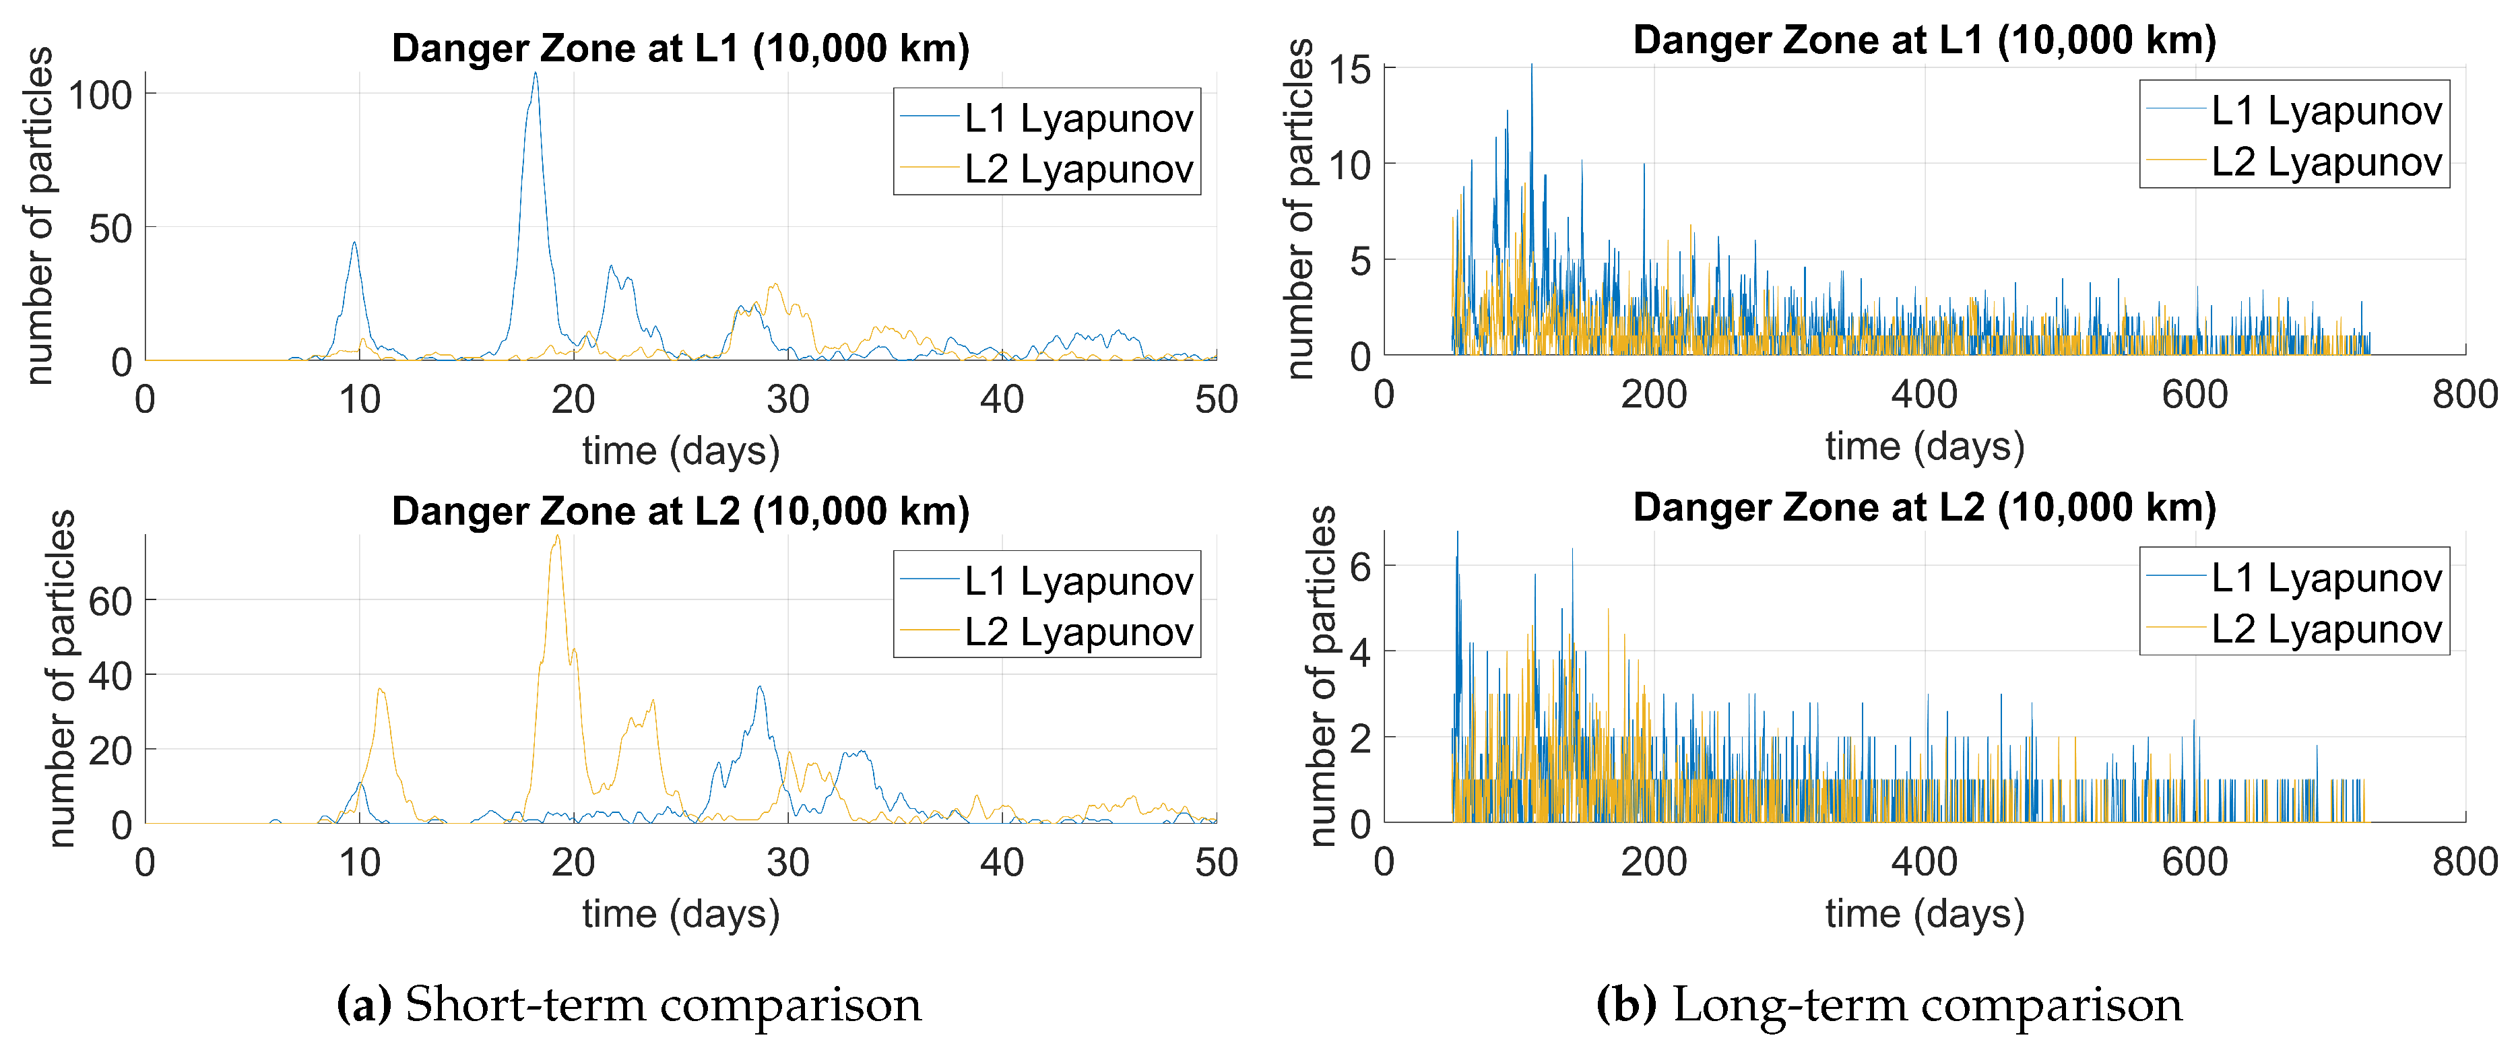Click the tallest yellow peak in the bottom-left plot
point(557,537)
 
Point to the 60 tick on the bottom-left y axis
point(110,601)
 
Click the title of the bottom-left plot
point(680,511)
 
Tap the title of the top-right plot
point(1924,41)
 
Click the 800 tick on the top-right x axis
point(2464,395)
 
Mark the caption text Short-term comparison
point(663,1005)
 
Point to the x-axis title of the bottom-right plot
point(1924,914)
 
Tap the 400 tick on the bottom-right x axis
point(1924,862)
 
